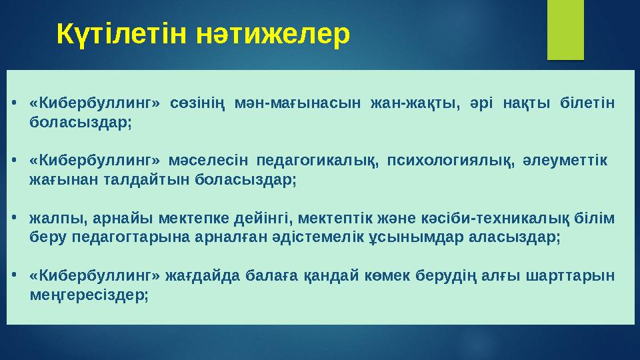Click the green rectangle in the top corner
(x=565, y=29)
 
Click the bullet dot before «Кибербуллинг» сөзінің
(x=14, y=104)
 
